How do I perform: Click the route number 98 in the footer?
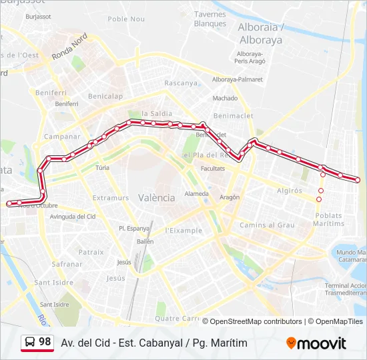(x=45, y=342)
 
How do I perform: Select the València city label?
(x=157, y=198)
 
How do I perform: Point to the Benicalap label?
(x=105, y=96)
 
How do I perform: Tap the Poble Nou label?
(x=126, y=19)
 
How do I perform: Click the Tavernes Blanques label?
(x=210, y=19)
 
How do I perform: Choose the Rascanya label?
(x=181, y=83)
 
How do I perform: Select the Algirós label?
(x=289, y=191)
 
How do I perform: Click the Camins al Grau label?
(x=267, y=225)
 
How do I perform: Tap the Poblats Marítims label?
(x=328, y=219)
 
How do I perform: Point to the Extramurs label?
(x=111, y=198)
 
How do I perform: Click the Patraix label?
(x=91, y=252)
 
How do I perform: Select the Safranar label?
(x=67, y=264)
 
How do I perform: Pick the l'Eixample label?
(x=183, y=231)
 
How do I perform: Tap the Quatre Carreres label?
(x=177, y=319)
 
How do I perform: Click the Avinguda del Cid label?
(x=73, y=217)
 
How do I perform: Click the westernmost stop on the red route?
(x=9, y=203)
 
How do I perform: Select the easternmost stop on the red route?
(x=358, y=180)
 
